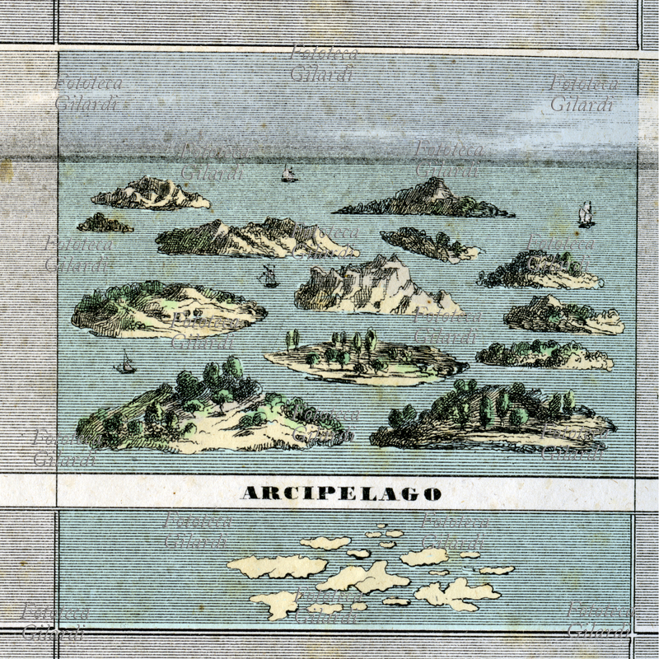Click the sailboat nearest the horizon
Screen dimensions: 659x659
[x=289, y=174]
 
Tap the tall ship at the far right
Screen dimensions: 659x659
[x=586, y=214]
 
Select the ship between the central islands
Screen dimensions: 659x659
[x=269, y=277]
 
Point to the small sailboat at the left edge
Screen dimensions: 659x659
[x=125, y=362]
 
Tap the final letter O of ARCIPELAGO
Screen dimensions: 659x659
[x=432, y=493]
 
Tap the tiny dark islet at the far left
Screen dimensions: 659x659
[x=105, y=223]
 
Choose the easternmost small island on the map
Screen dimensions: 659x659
[x=497, y=570]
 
